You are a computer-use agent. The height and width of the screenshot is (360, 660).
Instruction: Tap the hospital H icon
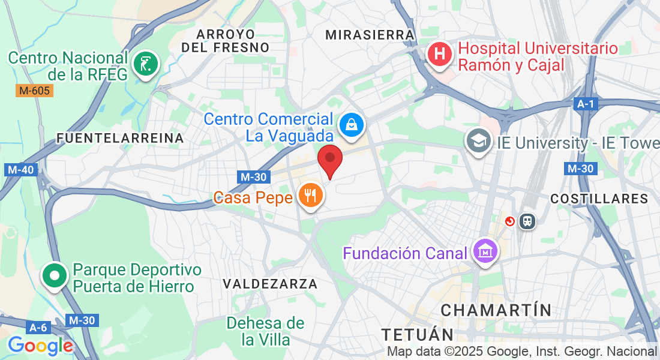pyautogui.click(x=439, y=53)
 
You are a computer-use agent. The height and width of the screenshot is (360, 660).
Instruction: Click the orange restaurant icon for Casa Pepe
pyautogui.click(x=310, y=195)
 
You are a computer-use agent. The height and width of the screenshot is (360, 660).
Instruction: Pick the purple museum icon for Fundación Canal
pyautogui.click(x=484, y=251)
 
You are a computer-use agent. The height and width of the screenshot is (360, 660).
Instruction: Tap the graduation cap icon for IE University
pyautogui.click(x=478, y=141)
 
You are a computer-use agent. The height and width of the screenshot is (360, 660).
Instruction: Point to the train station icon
pyautogui.click(x=528, y=221)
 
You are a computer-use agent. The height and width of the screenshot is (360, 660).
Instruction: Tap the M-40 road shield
pyautogui.click(x=20, y=170)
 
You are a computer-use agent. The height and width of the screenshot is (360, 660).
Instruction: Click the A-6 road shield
pyautogui.click(x=38, y=328)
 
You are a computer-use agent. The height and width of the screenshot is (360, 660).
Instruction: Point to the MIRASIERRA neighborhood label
pyautogui.click(x=370, y=35)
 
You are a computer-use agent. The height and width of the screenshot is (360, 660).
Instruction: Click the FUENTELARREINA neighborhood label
pyautogui.click(x=120, y=138)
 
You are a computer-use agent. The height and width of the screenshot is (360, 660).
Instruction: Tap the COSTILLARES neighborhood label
pyautogui.click(x=599, y=199)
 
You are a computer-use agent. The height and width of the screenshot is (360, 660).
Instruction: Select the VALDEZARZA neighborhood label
pyautogui.click(x=269, y=283)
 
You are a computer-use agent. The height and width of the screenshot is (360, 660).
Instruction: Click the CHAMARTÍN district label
pyautogui.click(x=496, y=310)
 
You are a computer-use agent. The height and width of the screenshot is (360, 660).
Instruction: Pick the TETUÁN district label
pyautogui.click(x=418, y=334)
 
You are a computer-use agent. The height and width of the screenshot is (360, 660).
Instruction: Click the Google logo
pyautogui.click(x=40, y=346)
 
